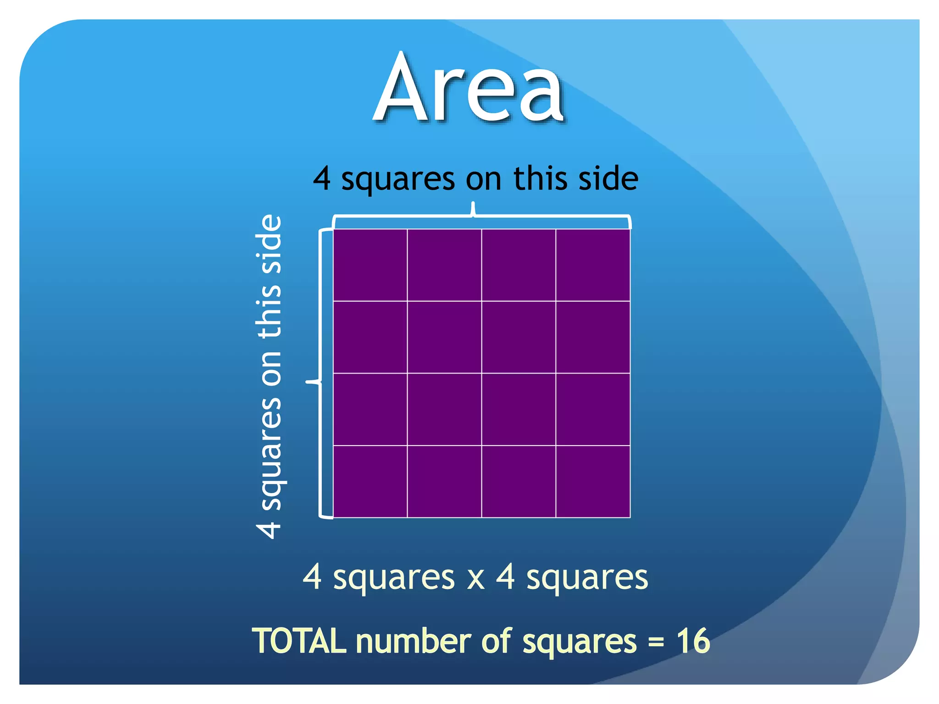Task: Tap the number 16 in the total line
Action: point(693,641)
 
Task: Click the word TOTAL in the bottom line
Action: point(299,641)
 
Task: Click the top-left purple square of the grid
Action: point(370,265)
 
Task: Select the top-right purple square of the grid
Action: point(593,265)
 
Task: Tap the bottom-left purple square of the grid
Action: point(370,481)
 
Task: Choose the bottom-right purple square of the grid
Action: point(593,481)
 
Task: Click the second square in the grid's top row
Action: point(444,265)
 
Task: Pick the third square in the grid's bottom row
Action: point(519,481)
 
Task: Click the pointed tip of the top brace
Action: point(473,204)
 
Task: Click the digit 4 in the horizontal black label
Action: point(322,179)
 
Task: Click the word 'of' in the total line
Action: point(497,641)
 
